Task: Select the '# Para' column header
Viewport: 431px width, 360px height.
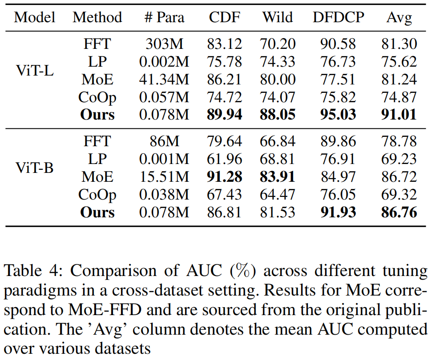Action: (x=164, y=17)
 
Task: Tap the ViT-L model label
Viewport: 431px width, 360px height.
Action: (x=34, y=71)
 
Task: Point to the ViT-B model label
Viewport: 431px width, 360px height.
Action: (x=34, y=168)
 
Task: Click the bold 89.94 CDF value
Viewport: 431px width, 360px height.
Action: (x=224, y=115)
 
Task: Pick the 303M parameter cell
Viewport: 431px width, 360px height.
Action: (x=164, y=44)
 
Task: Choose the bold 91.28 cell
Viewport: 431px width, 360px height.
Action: (x=224, y=177)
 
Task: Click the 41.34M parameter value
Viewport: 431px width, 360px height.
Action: (x=164, y=80)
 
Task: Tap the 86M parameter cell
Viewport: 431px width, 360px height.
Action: (x=164, y=141)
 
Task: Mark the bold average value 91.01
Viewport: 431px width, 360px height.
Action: (x=399, y=115)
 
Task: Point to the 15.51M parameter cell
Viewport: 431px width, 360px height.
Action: (x=164, y=177)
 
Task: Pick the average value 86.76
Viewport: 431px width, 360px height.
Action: (x=399, y=212)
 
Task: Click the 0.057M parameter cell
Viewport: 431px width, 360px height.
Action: (x=164, y=97)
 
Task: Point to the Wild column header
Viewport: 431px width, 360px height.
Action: (x=278, y=17)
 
